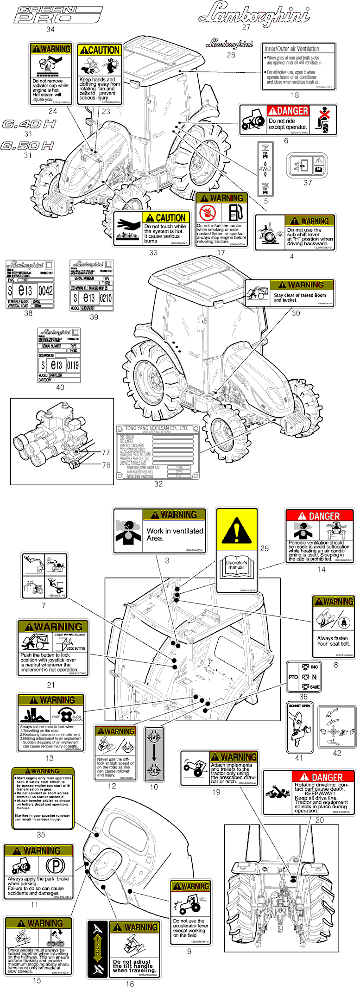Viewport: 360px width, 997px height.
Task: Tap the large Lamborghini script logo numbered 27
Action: pyautogui.click(x=254, y=13)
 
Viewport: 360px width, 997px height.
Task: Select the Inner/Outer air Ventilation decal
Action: pyautogui.click(x=299, y=66)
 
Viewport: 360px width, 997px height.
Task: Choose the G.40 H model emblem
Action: pyautogui.click(x=29, y=124)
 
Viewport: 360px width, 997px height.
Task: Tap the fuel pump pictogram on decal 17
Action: pyautogui.click(x=235, y=213)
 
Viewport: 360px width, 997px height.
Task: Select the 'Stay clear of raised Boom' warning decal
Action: pyautogui.click(x=290, y=293)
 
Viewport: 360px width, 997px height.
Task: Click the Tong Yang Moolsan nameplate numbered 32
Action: pyautogui.click(x=158, y=451)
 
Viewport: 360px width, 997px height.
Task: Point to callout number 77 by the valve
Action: pyautogui.click(x=106, y=452)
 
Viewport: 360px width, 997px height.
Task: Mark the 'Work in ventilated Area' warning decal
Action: pyautogui.click(x=159, y=531)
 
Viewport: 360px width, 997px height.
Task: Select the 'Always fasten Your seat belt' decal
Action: pyautogui.click(x=333, y=627)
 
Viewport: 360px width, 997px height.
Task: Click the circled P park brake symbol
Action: pyautogui.click(x=55, y=866)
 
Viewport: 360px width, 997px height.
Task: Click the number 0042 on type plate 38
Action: pyautogui.click(x=45, y=291)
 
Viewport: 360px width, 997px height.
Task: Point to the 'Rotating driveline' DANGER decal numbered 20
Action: pyautogui.click(x=309, y=793)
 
